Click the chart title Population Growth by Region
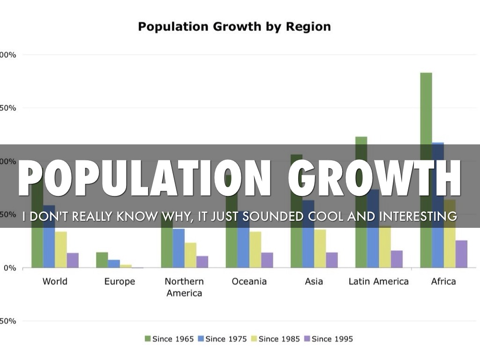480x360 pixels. click(x=234, y=27)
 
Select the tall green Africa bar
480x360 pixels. click(x=426, y=108)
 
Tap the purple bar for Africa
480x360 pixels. click(x=461, y=254)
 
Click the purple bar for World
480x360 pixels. click(x=73, y=260)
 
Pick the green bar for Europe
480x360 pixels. click(x=102, y=260)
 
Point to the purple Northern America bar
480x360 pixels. click(x=202, y=262)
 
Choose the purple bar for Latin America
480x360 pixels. click(x=397, y=259)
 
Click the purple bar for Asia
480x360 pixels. click(x=332, y=260)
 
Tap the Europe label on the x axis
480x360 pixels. click(x=120, y=281)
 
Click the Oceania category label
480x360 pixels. click(x=249, y=281)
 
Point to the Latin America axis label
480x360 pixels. click(x=378, y=281)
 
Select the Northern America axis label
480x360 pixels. click(x=184, y=287)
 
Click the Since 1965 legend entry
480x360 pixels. click(x=169, y=339)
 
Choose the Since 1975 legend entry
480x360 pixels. click(x=222, y=339)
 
